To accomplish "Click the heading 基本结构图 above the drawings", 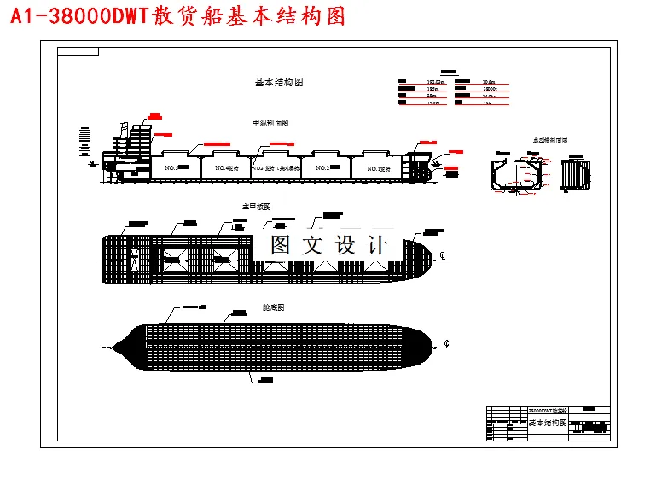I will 279,82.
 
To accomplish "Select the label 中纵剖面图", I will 270,123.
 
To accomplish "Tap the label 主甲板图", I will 256,207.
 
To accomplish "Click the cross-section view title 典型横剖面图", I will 550,141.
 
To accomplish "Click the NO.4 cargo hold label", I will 226,168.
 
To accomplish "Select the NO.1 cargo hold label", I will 378,169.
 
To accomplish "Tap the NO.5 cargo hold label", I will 170,168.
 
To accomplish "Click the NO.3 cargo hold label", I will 265,168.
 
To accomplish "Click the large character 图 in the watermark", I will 281,245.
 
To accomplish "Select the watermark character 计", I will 376,245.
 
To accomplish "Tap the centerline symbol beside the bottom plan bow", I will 447,344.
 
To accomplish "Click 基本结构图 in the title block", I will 548,423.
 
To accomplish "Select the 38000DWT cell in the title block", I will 549,411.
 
